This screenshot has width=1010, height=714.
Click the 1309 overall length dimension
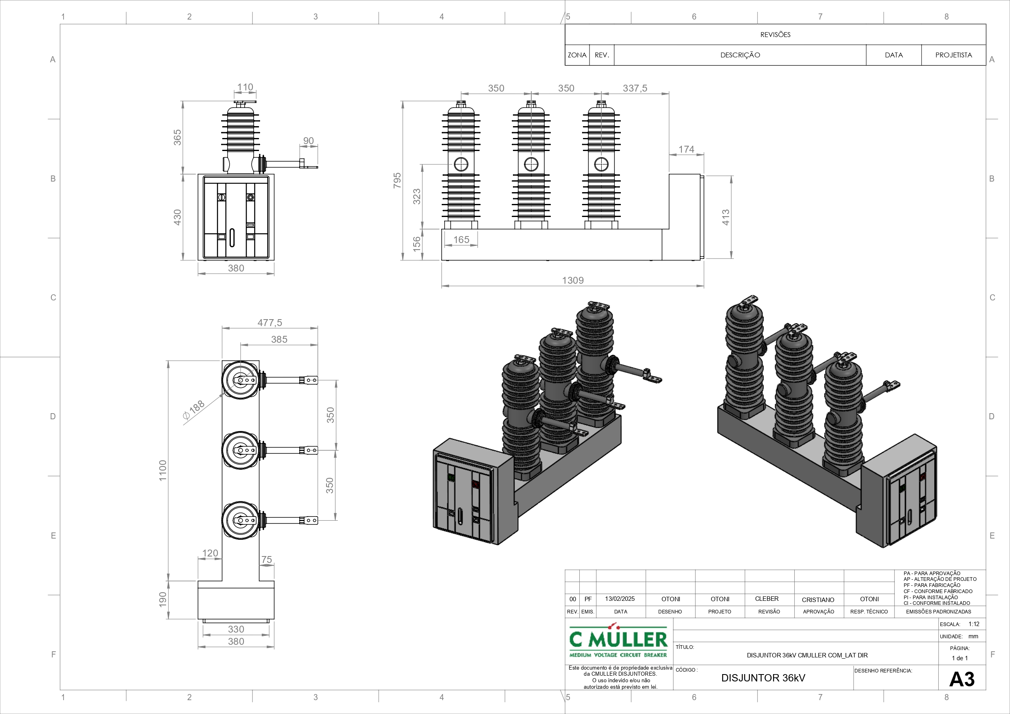(573, 280)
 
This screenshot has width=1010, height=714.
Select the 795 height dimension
(397, 180)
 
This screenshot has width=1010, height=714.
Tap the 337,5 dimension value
(635, 88)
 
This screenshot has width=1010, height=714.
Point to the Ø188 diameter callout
(193, 410)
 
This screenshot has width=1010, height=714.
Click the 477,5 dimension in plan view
(269, 322)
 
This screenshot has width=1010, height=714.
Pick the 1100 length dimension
(163, 470)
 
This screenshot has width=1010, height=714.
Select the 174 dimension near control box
(686, 149)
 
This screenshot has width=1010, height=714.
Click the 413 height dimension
(725, 217)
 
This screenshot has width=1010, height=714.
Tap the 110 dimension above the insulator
(245, 87)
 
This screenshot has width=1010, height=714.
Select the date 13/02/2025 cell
(620, 599)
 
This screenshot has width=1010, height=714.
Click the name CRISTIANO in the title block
(818, 600)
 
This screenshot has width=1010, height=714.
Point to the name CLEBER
(767, 599)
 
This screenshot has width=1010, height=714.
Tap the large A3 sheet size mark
(962, 679)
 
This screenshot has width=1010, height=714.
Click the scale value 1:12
(973, 624)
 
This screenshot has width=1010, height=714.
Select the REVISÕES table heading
(775, 34)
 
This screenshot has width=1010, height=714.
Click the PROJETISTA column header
(953, 55)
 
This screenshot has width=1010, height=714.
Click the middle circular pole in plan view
(241, 450)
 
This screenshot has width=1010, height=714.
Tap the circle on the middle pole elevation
(531, 164)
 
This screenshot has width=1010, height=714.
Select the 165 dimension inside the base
(461, 239)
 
